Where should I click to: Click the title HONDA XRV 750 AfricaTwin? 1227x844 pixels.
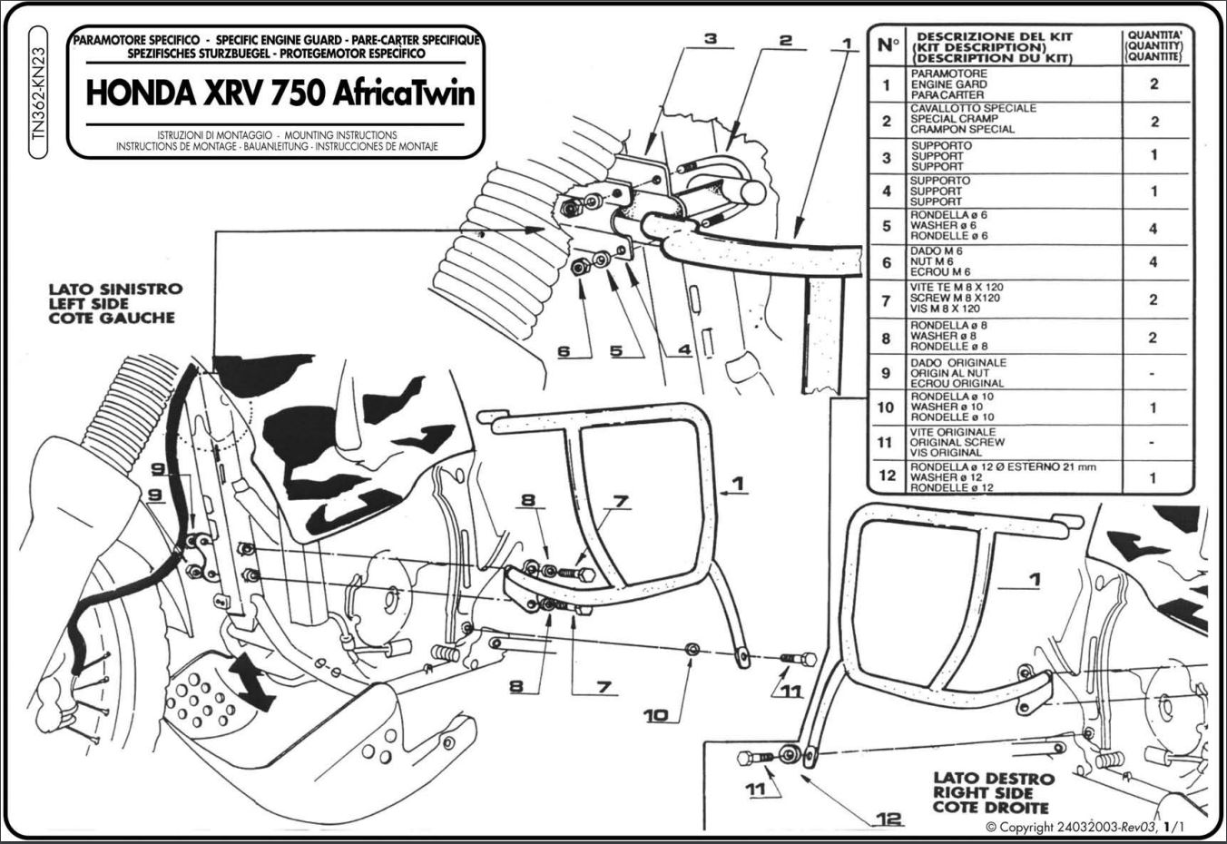coord(280,93)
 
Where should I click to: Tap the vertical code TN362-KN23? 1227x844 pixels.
coord(38,93)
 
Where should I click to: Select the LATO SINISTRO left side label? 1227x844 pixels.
coord(115,303)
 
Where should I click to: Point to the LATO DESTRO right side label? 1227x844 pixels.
coord(994,792)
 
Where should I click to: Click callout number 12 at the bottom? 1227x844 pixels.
coord(888,819)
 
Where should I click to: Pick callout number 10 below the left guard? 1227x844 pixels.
coord(655,715)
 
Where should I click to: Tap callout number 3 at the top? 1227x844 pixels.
coord(711,38)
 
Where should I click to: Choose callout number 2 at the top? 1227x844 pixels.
coord(786,40)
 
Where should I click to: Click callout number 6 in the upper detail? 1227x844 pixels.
coord(564,350)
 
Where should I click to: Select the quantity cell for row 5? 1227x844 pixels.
coord(1154,228)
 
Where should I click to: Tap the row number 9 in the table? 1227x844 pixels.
coord(886,373)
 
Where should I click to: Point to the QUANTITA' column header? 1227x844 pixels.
coord(1154,46)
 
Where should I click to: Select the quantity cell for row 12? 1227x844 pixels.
coord(1154,477)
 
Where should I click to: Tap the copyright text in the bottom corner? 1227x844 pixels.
coord(1085,827)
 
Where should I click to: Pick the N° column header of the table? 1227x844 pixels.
coord(888,45)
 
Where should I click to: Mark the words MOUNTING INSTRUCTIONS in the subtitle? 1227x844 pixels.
coord(340,134)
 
